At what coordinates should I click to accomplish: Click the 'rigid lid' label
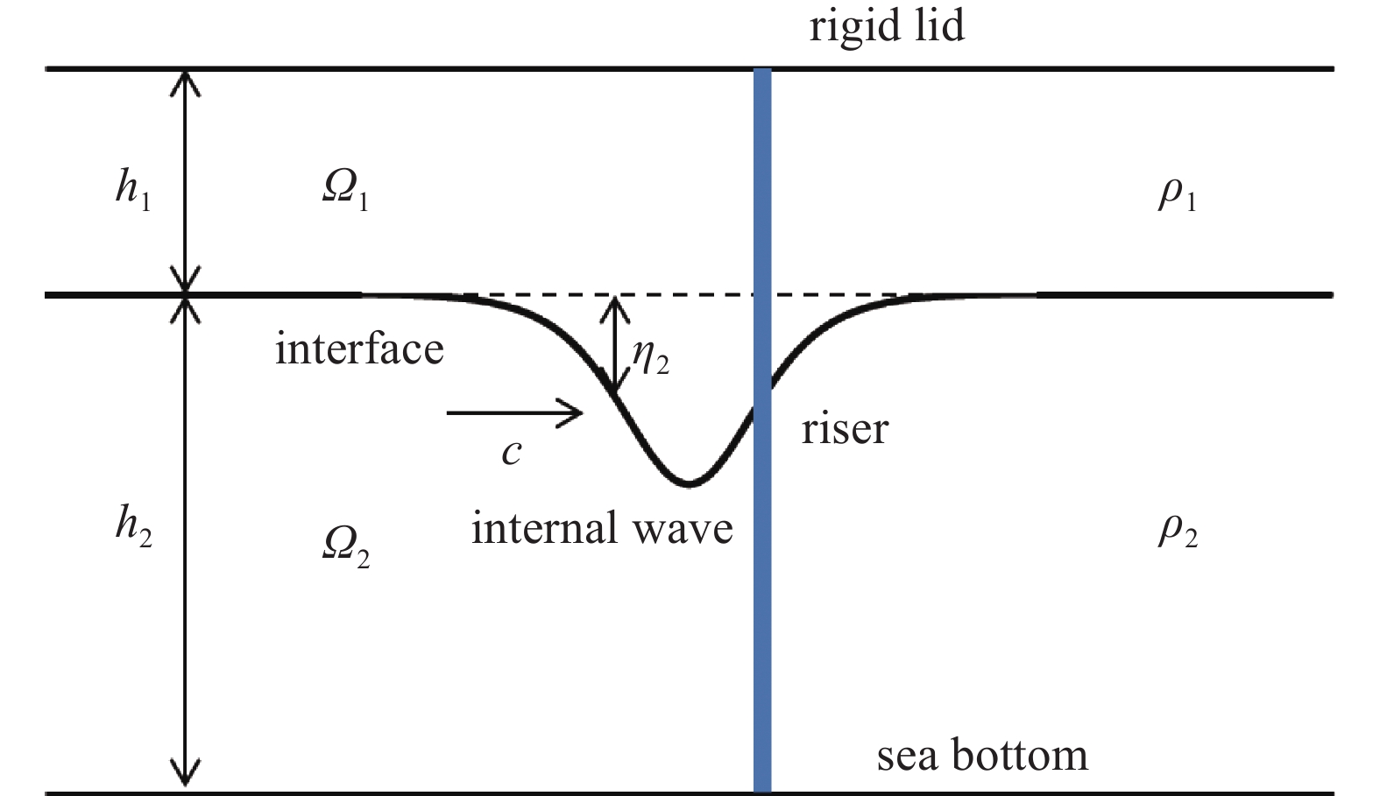click(x=887, y=27)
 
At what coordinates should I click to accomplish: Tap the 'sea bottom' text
click(x=982, y=755)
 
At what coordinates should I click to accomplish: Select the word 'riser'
click(x=845, y=428)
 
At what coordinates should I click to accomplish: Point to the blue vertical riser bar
click(x=762, y=430)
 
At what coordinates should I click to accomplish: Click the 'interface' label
click(x=359, y=349)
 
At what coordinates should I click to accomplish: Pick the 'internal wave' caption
click(x=602, y=527)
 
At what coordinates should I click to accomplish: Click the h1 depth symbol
click(x=133, y=190)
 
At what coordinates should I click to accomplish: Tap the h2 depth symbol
click(x=134, y=527)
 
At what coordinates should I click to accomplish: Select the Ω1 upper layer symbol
click(x=345, y=191)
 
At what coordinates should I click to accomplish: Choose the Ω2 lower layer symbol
click(x=346, y=547)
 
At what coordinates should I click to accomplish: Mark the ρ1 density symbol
click(x=1178, y=197)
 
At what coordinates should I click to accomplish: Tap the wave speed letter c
click(x=512, y=453)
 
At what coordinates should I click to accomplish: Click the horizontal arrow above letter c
click(x=514, y=412)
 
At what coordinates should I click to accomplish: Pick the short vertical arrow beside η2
click(x=614, y=345)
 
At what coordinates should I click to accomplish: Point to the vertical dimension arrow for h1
click(x=185, y=181)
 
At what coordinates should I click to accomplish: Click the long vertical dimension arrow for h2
click(x=185, y=543)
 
